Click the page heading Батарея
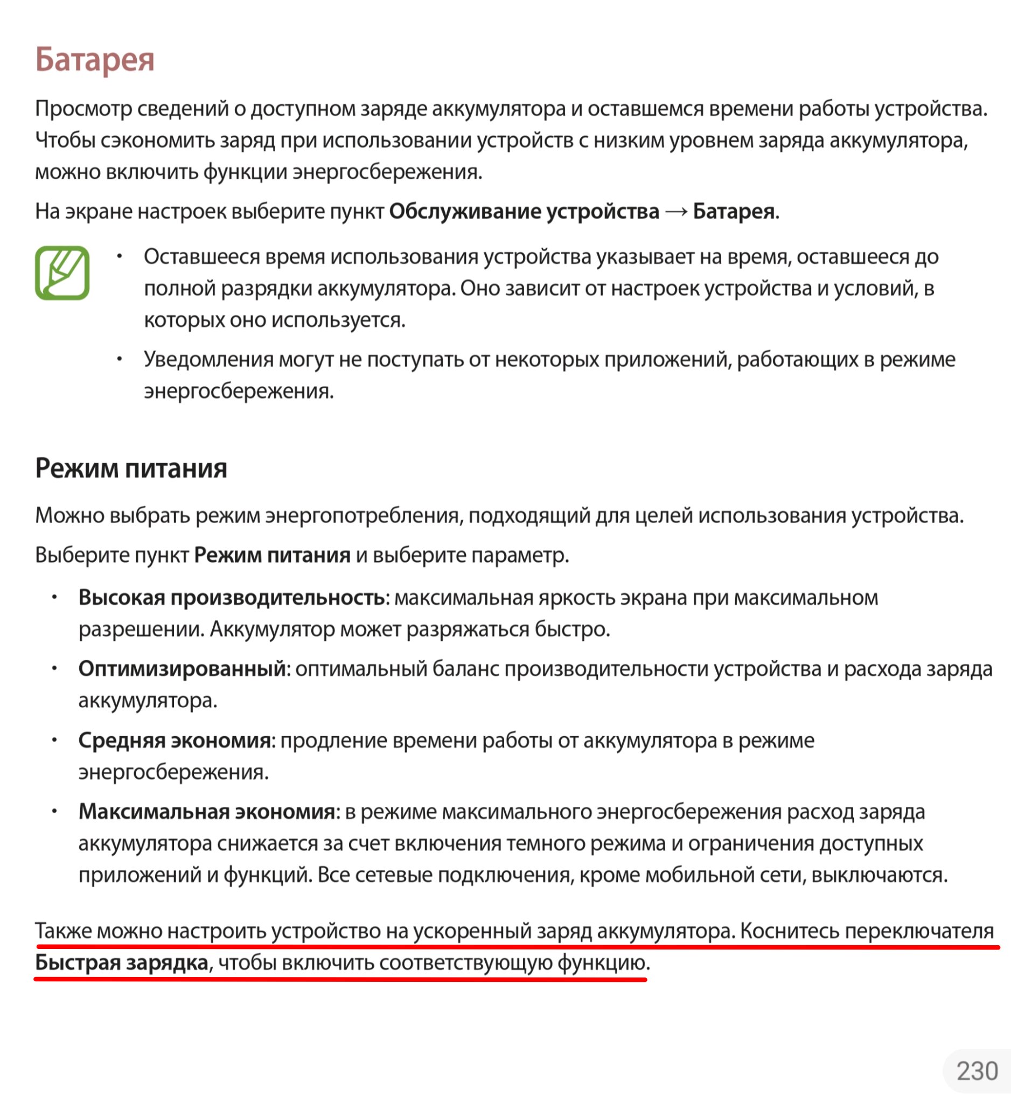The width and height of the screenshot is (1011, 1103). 95,59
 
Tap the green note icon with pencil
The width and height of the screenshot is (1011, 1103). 62,273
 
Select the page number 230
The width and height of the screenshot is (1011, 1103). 977,1071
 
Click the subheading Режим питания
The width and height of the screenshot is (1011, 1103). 131,469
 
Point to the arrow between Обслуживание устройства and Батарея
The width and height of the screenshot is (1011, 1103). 676,212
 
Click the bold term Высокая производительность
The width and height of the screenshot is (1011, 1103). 232,597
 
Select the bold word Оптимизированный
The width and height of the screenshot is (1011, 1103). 182,668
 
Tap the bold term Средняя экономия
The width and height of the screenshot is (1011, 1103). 175,740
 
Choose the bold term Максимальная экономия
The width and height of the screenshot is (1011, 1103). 207,812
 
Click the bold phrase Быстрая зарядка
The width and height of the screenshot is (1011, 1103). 121,962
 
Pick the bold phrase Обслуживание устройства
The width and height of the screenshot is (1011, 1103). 524,212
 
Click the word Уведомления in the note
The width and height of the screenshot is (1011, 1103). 208,359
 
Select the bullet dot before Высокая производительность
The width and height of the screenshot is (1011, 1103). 55,597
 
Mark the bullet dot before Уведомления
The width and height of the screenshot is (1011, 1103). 119,359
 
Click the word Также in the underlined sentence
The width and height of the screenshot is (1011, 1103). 64,931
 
